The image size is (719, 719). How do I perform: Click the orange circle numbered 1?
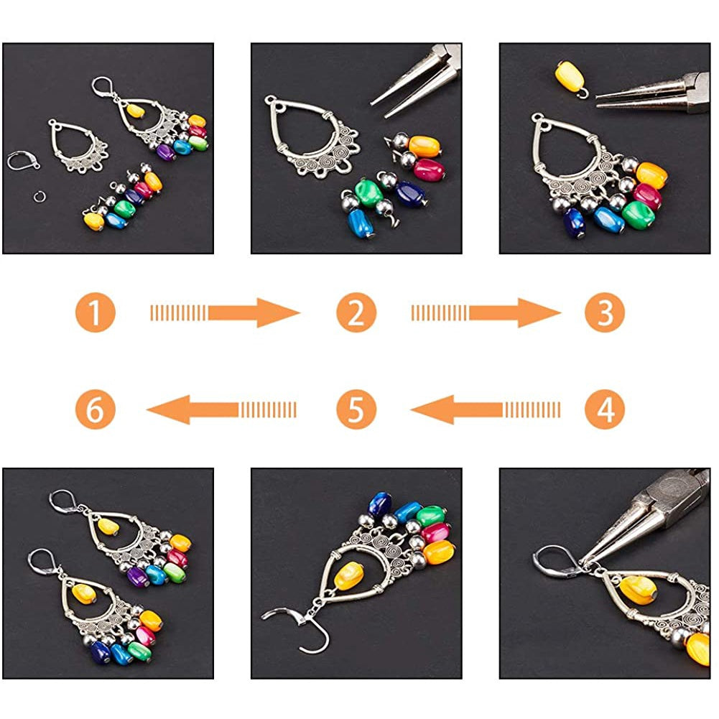[96, 312]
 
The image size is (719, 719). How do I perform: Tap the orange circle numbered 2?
[356, 312]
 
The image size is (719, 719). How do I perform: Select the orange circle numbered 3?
[605, 312]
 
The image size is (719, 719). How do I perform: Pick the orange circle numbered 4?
[605, 409]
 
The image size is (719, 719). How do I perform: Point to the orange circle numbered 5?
[356, 409]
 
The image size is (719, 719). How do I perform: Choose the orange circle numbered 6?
[96, 409]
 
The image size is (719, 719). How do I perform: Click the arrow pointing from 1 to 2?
[225, 312]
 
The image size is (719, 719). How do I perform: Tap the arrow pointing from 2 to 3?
[486, 312]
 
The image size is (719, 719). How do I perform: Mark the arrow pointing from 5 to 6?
[221, 409]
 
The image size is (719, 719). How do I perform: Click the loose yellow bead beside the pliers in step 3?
[569, 77]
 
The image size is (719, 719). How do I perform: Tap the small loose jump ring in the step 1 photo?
[40, 198]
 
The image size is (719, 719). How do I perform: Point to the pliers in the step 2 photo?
[415, 82]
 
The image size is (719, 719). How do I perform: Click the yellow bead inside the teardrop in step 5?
[348, 576]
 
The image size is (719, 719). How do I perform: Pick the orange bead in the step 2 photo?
[425, 147]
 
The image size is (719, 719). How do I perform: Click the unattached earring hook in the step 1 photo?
[22, 162]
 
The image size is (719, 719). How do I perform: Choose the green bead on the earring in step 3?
[638, 215]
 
